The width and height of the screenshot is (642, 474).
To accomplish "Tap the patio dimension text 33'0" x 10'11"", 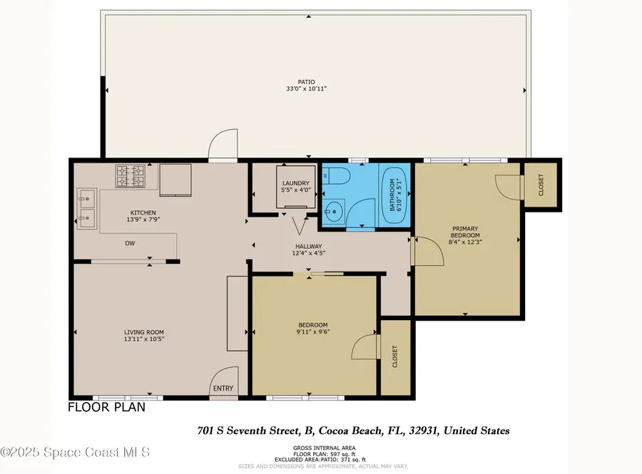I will pyautogui.click(x=307, y=89).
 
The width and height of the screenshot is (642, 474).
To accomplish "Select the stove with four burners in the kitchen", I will pyautogui.click(x=130, y=176).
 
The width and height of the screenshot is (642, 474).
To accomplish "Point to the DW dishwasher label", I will pyautogui.click(x=131, y=243).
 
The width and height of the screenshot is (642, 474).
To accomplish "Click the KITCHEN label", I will pyautogui.click(x=140, y=212).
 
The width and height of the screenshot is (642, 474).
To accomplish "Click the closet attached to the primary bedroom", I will pyautogui.click(x=541, y=187).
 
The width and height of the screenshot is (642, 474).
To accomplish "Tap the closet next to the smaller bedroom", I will pyautogui.click(x=395, y=356).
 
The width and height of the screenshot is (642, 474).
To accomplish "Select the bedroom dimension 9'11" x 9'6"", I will pyautogui.click(x=313, y=331).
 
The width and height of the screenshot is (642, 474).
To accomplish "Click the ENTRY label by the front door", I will pyautogui.click(x=223, y=388).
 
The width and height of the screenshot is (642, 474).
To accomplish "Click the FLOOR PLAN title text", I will pyautogui.click(x=106, y=408).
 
